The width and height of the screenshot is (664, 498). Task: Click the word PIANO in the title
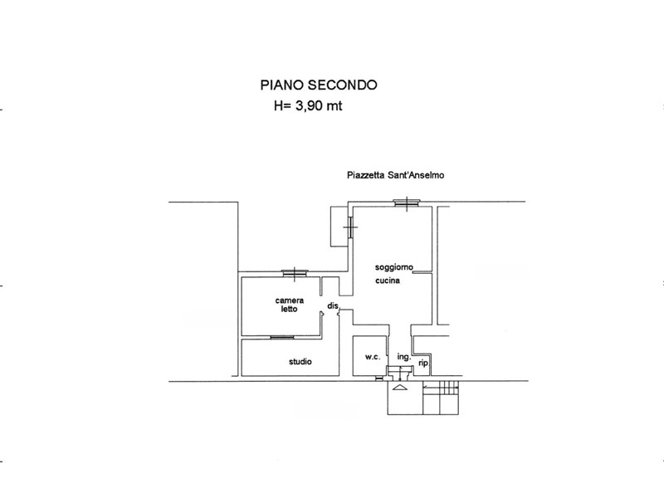(x=281, y=85)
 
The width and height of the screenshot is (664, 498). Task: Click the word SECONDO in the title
(x=342, y=85)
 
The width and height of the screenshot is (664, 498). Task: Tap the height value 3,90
(x=309, y=106)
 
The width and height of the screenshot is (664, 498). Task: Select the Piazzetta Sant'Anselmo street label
(x=396, y=175)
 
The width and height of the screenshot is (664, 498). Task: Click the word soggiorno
(x=393, y=267)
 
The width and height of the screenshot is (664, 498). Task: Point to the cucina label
(x=388, y=281)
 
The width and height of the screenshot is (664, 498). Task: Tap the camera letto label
(x=289, y=305)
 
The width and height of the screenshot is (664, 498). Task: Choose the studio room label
(x=300, y=362)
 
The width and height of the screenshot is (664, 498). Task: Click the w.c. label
(x=373, y=357)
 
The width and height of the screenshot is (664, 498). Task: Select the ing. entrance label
(x=404, y=357)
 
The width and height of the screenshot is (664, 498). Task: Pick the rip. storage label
(x=424, y=363)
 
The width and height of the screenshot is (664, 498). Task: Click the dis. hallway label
(x=334, y=305)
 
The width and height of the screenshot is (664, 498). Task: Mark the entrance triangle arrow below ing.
(x=400, y=388)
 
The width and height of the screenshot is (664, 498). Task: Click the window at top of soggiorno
(x=407, y=203)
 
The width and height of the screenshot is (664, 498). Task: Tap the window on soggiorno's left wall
(x=350, y=227)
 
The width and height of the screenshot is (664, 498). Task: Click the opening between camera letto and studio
(x=282, y=338)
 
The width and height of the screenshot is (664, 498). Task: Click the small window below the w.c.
(x=378, y=378)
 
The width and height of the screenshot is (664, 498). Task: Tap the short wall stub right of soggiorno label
(x=422, y=273)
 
